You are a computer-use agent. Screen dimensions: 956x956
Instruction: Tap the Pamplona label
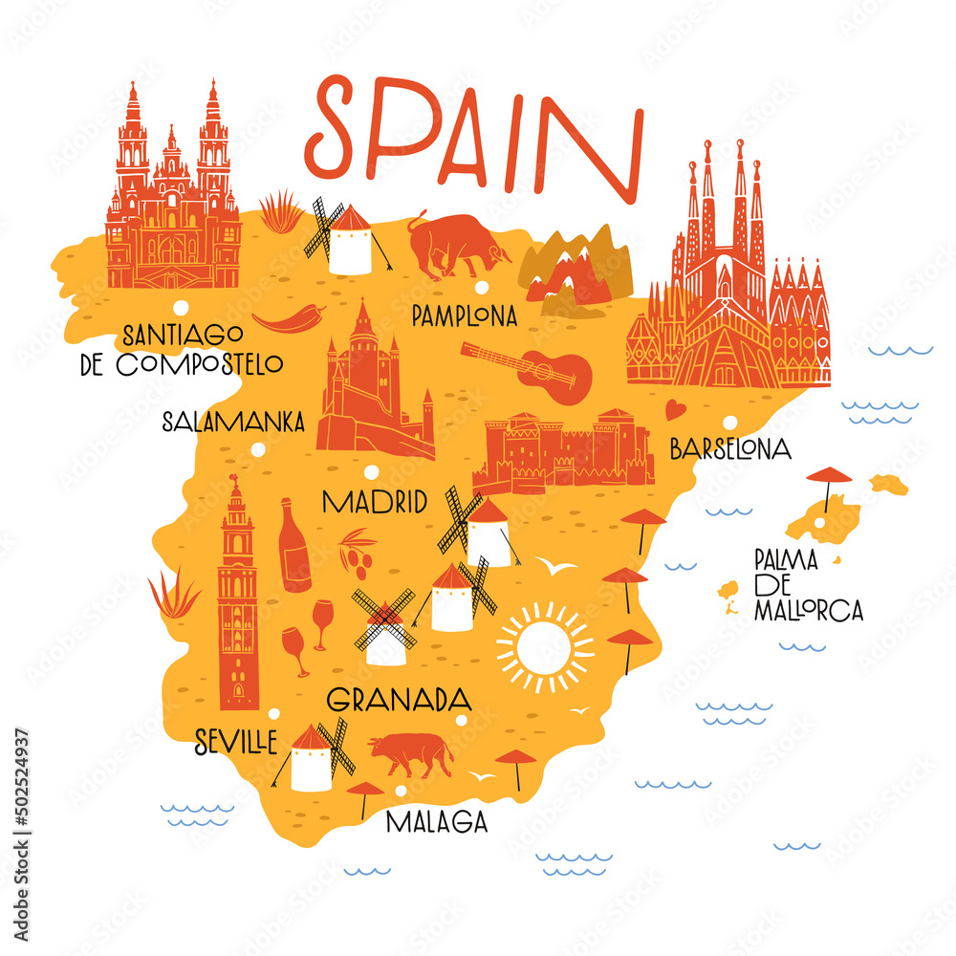pos(464,315)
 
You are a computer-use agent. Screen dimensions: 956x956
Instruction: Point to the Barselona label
pos(730,447)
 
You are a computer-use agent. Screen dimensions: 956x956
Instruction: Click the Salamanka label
pos(233,421)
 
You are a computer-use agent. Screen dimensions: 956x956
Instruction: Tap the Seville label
pos(236,741)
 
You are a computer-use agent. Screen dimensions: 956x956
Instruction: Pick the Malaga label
pos(437,821)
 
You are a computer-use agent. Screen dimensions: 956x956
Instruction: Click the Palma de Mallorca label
pos(807,585)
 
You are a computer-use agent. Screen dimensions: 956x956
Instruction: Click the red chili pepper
pos(288,319)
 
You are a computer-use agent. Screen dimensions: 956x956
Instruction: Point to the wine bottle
pos(293,547)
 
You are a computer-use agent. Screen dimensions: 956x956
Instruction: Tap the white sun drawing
pos(545,647)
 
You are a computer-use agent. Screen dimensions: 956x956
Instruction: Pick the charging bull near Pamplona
pos(458,245)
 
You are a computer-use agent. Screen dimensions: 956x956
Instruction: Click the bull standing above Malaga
pos(411,752)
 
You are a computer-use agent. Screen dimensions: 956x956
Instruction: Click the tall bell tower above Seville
pos(237,597)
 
